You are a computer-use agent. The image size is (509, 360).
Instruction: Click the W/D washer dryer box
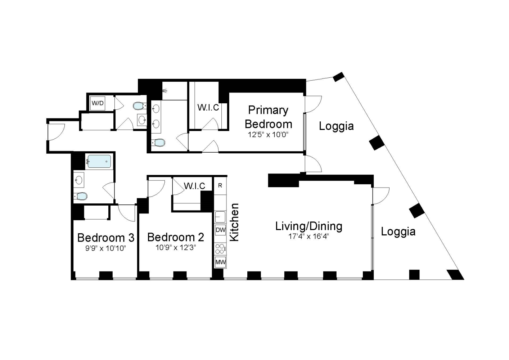pos(97,103)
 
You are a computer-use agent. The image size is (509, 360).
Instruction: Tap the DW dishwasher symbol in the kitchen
pos(220,230)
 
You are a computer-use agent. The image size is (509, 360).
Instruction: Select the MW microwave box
pos(220,262)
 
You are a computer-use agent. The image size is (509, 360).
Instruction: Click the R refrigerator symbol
pos(220,186)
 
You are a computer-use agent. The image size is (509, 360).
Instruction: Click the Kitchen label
pos(234,222)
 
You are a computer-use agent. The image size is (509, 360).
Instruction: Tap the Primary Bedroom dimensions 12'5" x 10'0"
pos(269,135)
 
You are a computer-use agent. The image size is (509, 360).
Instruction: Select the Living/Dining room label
pos(308,226)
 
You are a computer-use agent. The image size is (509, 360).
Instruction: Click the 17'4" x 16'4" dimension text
pos(308,237)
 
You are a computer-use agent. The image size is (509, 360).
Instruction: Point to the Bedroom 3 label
pos(106,238)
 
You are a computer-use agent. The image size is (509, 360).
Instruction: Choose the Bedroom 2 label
pos(176,237)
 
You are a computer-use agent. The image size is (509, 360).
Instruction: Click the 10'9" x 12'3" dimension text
pos(176,248)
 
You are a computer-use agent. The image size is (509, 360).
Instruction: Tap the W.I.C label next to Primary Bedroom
pos(208,108)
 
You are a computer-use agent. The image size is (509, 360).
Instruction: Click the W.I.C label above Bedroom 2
pos(194,186)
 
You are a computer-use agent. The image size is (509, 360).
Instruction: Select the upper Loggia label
pos(336,126)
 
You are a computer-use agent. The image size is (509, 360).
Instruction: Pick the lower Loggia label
pos(398,231)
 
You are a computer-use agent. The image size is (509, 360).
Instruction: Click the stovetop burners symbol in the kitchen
pos(220,247)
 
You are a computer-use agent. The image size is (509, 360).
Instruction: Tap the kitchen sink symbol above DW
pos(220,217)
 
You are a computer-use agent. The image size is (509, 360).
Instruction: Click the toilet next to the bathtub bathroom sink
pos(81,196)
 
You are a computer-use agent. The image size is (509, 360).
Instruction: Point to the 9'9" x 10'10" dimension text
pos(106,248)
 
